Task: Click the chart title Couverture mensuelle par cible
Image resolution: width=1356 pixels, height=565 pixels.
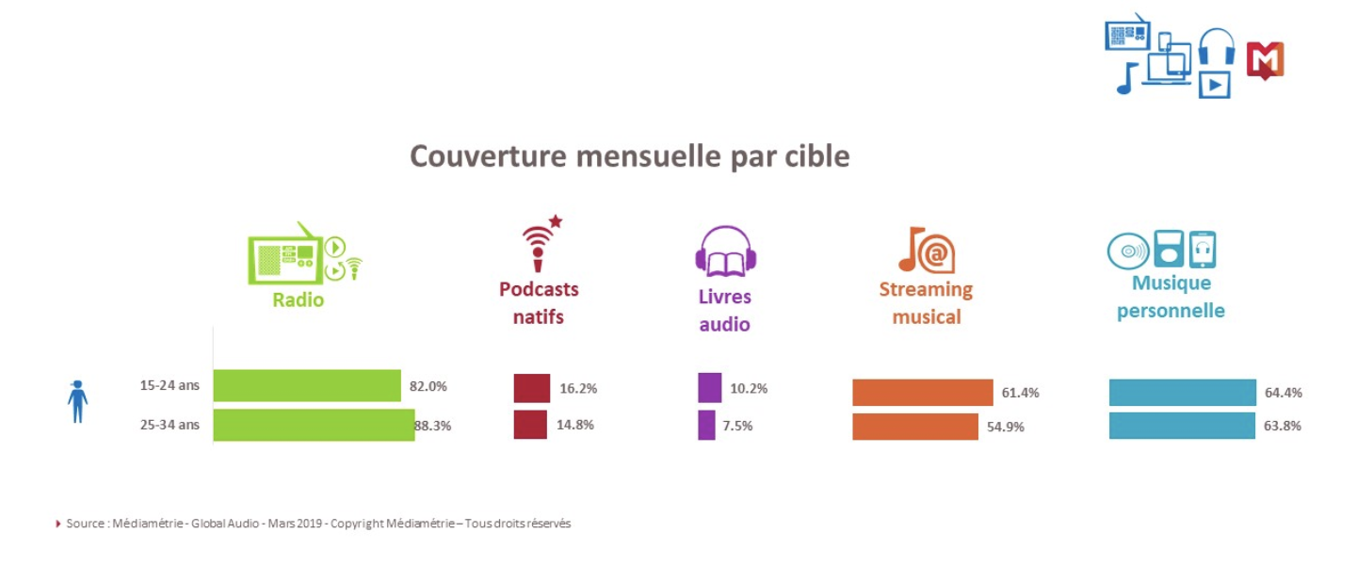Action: [x=629, y=156]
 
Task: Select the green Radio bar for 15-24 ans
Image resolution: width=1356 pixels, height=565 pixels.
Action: [x=307, y=385]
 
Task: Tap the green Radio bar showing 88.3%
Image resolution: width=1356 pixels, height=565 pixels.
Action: [x=314, y=425]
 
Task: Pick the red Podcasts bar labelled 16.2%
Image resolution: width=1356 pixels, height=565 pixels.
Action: [x=531, y=388]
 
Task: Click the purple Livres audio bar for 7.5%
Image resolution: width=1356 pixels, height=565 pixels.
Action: [x=706, y=425]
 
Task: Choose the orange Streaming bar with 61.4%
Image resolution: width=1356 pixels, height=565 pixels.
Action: [x=922, y=393]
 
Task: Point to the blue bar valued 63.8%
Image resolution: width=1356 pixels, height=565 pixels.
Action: [x=1182, y=426]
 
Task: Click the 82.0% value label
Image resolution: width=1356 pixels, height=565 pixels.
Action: [x=428, y=386]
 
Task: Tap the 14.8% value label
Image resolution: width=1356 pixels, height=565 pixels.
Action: [x=575, y=425]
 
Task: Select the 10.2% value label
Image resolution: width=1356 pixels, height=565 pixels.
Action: [x=749, y=388]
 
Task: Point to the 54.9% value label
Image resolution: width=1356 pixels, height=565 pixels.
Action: [x=1006, y=427]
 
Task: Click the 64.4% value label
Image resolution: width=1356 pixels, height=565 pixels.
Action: [x=1283, y=393]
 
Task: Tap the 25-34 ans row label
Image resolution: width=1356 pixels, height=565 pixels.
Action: [x=169, y=425]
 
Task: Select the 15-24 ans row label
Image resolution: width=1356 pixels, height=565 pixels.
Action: [x=169, y=385]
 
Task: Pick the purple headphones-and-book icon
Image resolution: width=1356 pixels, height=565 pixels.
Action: [x=725, y=251]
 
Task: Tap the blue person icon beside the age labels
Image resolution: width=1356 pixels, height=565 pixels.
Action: [x=77, y=401]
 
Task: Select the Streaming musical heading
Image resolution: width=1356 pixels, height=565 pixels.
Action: [x=926, y=302]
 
